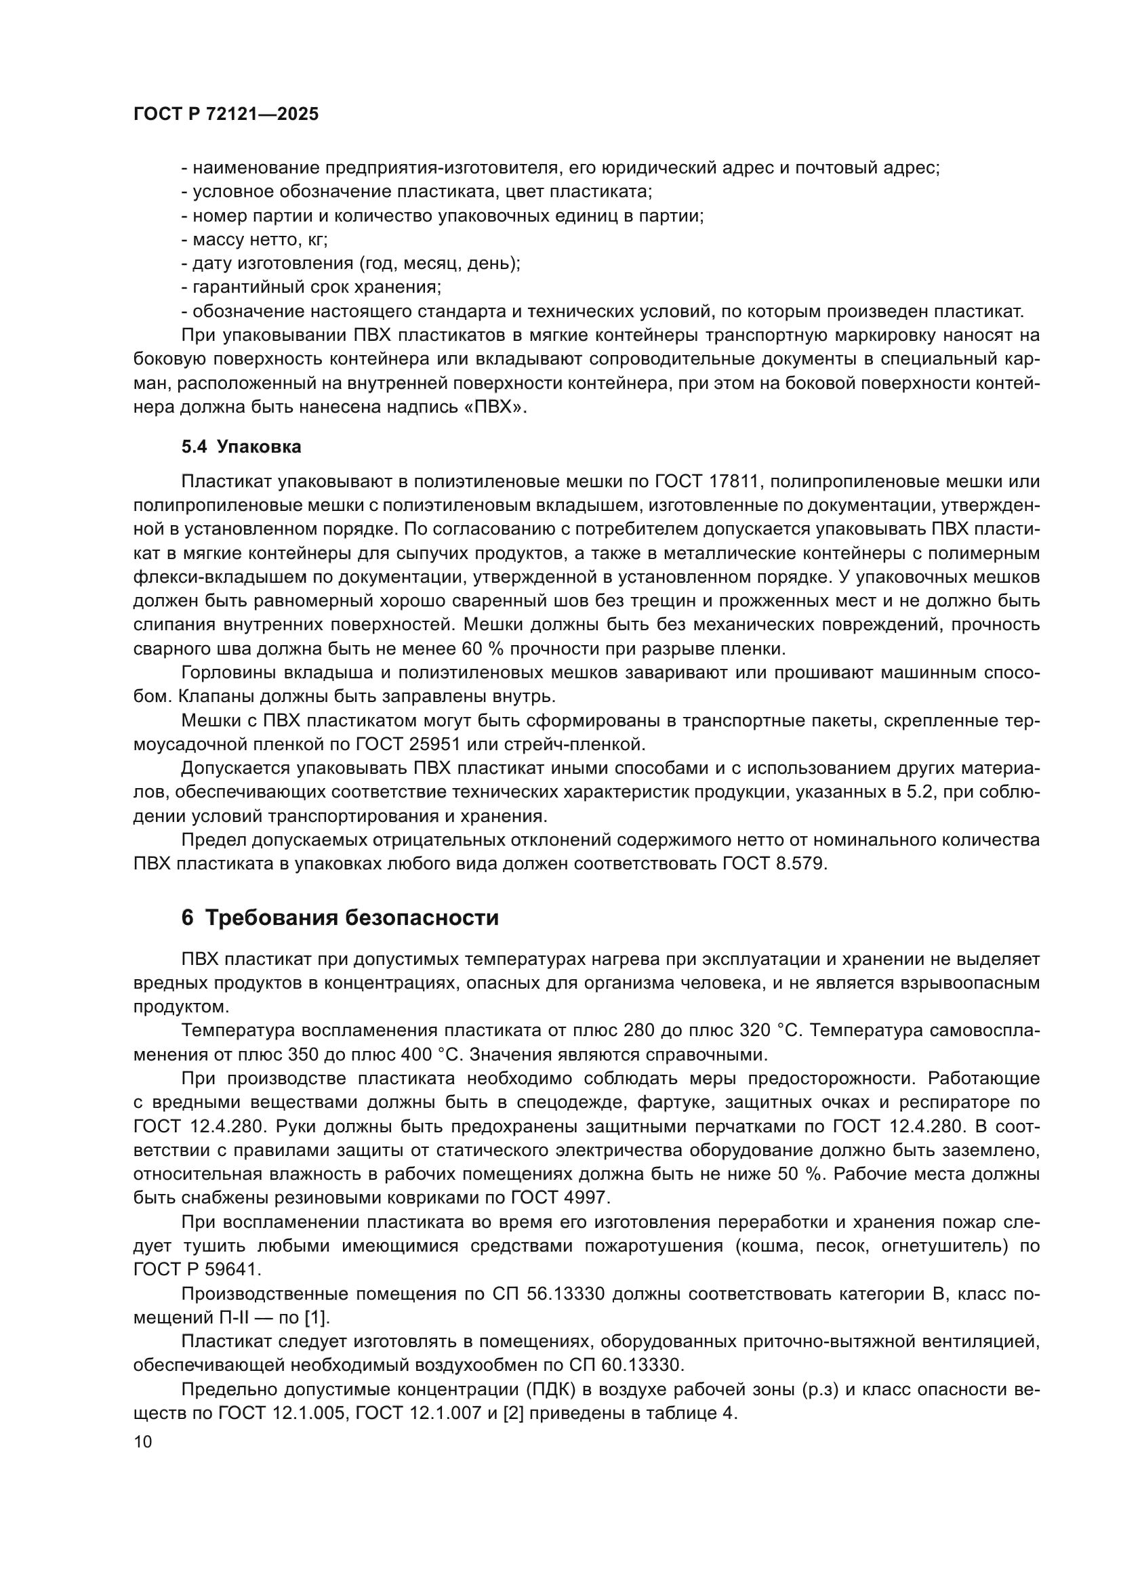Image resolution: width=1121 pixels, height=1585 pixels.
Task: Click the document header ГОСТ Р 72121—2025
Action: [226, 115]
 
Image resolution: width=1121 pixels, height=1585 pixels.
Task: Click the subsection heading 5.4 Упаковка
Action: [241, 447]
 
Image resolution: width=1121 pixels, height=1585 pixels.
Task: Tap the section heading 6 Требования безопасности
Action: [340, 918]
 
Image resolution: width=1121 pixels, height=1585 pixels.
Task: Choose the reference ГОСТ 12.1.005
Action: [281, 1413]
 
